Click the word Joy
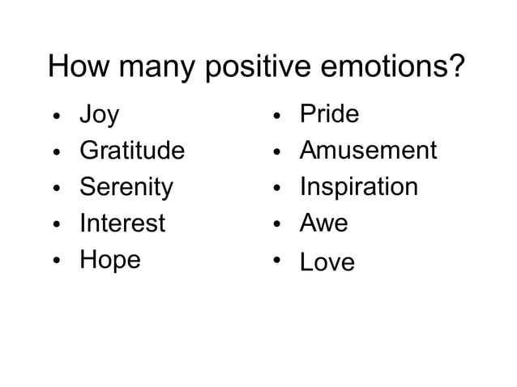pyautogui.click(x=99, y=116)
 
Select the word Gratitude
pyautogui.click(x=132, y=151)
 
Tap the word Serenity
pyautogui.click(x=126, y=188)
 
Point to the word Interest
pyautogui.click(x=122, y=223)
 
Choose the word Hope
pyautogui.click(x=110, y=260)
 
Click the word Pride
pyautogui.click(x=329, y=114)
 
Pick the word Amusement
pyautogui.click(x=368, y=151)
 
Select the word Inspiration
pyautogui.click(x=359, y=187)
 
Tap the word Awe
pyautogui.click(x=323, y=223)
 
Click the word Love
pyautogui.click(x=327, y=262)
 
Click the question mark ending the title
pyautogui.click(x=457, y=66)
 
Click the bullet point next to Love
pyautogui.click(x=276, y=260)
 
